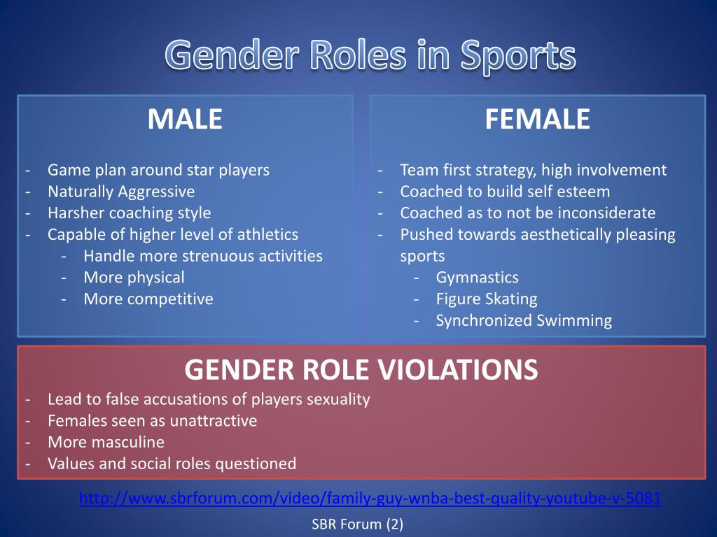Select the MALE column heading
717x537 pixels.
click(x=185, y=120)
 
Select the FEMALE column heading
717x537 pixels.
click(x=537, y=120)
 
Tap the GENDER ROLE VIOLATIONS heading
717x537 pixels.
click(x=361, y=369)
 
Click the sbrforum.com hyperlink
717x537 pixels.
click(x=370, y=499)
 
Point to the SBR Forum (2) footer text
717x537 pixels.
click(x=357, y=524)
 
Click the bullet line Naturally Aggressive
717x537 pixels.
click(x=121, y=191)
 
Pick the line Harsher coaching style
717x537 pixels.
click(x=129, y=213)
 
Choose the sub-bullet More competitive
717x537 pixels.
click(x=148, y=299)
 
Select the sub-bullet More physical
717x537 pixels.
click(x=134, y=277)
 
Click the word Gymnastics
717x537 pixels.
click(x=477, y=277)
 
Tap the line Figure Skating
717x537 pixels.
click(x=487, y=299)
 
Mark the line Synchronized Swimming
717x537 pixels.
click(x=524, y=320)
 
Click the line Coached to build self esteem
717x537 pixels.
click(x=505, y=191)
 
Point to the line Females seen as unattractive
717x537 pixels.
click(x=152, y=420)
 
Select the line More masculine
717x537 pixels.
click(x=106, y=442)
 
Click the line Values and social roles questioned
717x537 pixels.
click(x=172, y=463)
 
